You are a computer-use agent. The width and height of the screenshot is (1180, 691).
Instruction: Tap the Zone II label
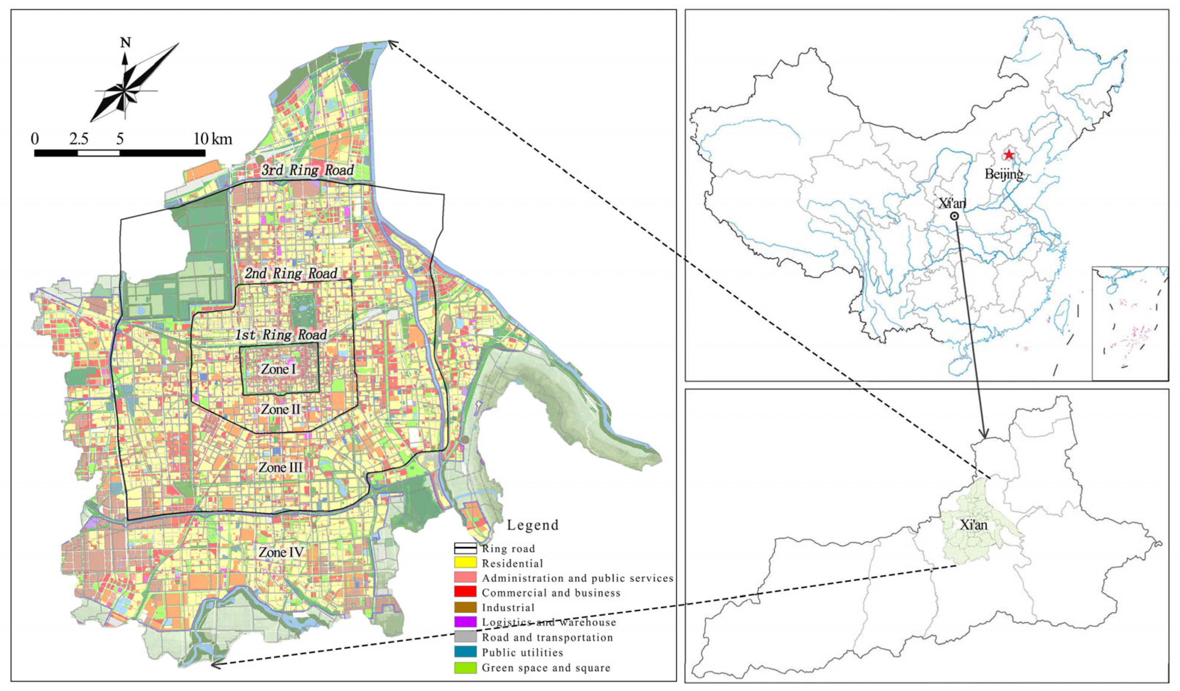click(280, 410)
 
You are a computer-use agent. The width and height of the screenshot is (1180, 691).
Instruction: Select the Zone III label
click(280, 467)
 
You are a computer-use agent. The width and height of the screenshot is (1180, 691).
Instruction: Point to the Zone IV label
click(281, 553)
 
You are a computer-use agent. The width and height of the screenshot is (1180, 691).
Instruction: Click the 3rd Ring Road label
click(307, 171)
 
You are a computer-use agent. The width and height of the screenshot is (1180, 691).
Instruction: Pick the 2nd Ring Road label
click(291, 273)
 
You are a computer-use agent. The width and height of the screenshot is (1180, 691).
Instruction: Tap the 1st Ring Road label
click(280, 335)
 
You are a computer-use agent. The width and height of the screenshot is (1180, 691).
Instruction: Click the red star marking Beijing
click(1008, 155)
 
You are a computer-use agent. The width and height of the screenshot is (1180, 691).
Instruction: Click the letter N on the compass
click(125, 43)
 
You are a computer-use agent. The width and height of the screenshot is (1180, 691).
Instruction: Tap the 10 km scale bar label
click(212, 139)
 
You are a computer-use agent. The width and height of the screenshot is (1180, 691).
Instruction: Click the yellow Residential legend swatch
click(465, 563)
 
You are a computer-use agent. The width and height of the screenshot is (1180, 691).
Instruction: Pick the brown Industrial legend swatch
click(465, 607)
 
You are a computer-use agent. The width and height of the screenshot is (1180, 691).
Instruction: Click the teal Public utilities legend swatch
click(465, 652)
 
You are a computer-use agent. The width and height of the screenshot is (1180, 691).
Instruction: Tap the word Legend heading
click(533, 525)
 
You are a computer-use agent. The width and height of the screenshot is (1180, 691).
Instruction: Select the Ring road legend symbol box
click(465, 548)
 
